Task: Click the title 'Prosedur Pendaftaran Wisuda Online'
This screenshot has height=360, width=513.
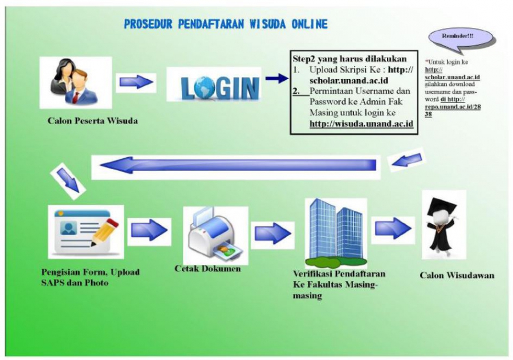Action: coord(226,24)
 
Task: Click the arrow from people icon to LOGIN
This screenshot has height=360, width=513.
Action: coord(137,83)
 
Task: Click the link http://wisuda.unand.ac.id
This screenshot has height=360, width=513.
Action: coord(361,123)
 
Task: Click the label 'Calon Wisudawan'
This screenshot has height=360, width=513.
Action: coord(457,275)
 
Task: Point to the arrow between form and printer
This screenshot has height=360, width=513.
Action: coord(150,230)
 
